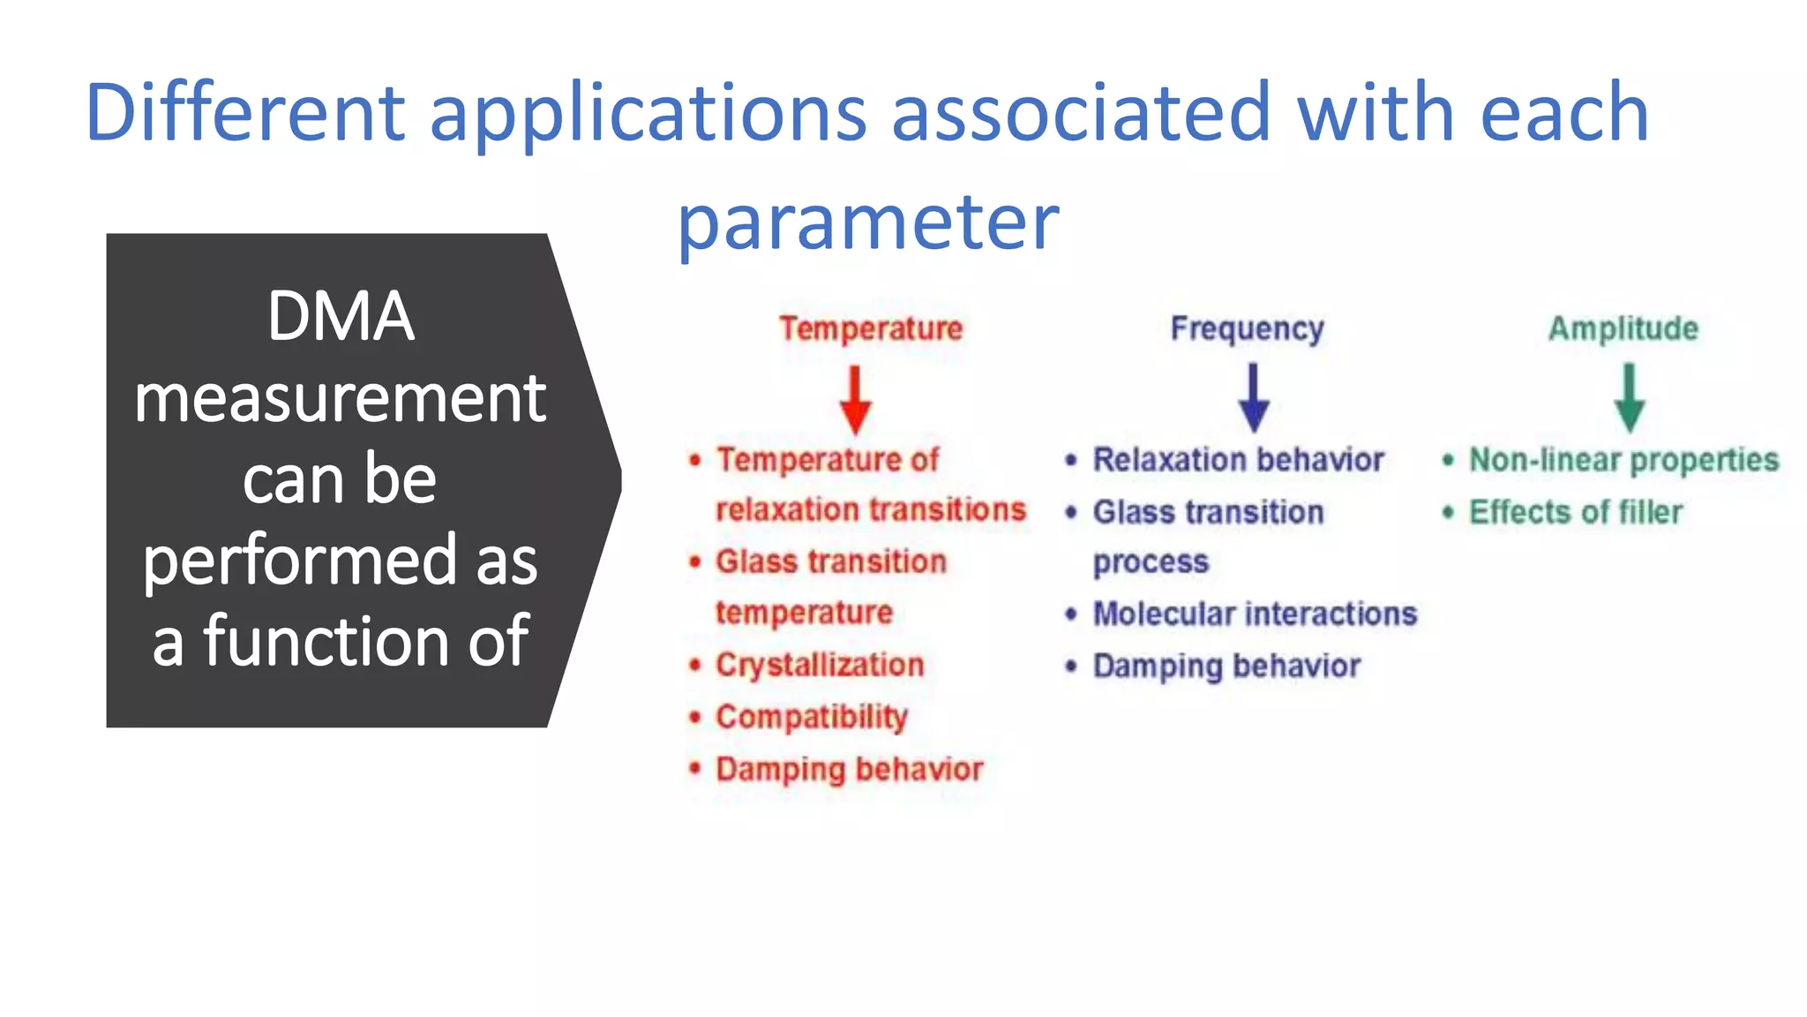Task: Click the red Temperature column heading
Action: pos(870,328)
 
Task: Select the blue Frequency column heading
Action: pos(1247,328)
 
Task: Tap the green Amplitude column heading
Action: pos(1623,328)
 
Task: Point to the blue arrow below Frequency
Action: pos(1253,398)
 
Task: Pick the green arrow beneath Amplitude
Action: pos(1629,398)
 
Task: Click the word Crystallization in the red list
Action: pos(820,665)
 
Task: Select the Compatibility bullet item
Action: pos(812,717)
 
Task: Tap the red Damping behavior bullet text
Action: pos(849,769)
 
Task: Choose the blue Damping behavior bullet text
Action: pos(1226,666)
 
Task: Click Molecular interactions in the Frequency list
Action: pos(1255,614)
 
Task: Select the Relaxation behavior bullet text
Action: pos(1238,460)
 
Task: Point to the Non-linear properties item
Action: pos(1623,460)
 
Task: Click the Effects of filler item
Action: pos(1576,512)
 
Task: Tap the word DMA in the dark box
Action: pos(340,316)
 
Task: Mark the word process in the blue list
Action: pos(1151,562)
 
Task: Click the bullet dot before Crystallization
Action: pos(695,665)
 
